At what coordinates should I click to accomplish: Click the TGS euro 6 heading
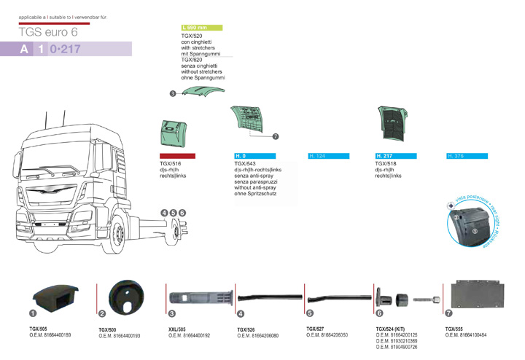48,32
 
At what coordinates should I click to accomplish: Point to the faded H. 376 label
456,156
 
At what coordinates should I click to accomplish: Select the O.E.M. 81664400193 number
119,336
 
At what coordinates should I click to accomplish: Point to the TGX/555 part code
454,329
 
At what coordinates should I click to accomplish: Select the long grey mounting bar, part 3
201,297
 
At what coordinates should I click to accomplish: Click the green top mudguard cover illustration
203,91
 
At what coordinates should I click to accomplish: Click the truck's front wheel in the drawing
117,234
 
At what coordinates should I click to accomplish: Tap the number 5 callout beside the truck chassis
174,212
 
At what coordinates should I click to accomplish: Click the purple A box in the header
25,50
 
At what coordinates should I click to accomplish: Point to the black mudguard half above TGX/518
394,125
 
